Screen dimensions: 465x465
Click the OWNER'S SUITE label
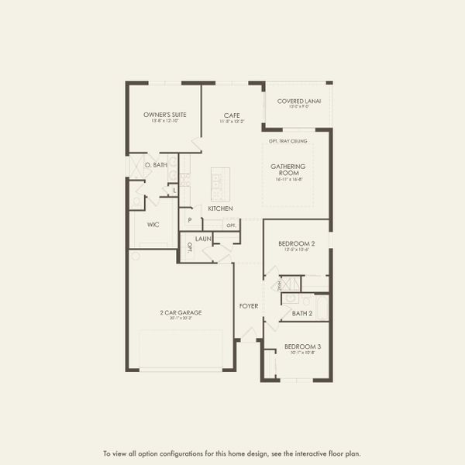(164, 115)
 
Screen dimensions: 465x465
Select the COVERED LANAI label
(298, 101)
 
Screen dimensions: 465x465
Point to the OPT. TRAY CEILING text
(288, 140)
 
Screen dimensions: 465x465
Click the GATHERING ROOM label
(288, 170)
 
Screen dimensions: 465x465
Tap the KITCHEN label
(220, 209)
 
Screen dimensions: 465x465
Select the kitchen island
(219, 184)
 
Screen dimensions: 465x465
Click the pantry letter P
(189, 221)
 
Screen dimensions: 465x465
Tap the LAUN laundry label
(204, 239)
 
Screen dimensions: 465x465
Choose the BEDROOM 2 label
(295, 243)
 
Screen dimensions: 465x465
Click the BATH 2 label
(301, 313)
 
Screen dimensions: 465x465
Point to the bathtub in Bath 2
(321, 306)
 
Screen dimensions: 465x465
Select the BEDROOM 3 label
(301, 346)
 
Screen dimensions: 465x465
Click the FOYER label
(248, 306)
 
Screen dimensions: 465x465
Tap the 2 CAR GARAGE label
(181, 312)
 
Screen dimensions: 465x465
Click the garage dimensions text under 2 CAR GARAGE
(181, 319)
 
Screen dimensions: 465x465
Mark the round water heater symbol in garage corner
(134, 255)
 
